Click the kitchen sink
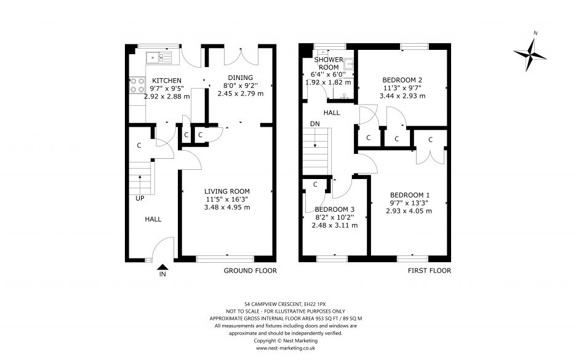[159, 58]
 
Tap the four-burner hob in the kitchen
[137, 85]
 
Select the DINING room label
[240, 78]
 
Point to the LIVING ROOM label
[227, 191]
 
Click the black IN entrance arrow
[162, 267]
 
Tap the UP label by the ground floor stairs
[140, 198]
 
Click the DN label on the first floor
[315, 124]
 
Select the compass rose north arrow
[530, 54]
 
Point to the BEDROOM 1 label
[410, 195]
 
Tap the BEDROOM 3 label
[334, 209]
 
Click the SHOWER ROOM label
[329, 63]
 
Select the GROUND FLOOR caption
[250, 271]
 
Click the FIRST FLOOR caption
[430, 271]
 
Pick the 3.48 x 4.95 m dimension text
[227, 207]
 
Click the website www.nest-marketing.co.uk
[286, 348]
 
